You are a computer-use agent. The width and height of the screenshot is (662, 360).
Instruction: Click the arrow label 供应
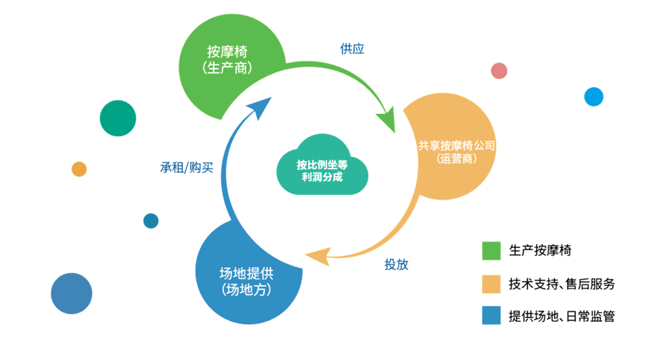[x=352, y=49]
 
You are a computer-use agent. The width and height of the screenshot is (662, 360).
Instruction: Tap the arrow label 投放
[x=396, y=264]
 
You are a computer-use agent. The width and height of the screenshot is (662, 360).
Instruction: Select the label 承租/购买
[x=186, y=167]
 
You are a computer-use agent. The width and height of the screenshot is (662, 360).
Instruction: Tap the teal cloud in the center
[x=322, y=165]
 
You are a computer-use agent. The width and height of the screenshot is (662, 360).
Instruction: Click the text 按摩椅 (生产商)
[x=227, y=60]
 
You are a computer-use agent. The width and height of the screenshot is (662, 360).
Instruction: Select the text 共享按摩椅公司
[x=457, y=146]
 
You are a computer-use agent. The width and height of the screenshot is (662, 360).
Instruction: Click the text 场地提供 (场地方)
[x=246, y=281]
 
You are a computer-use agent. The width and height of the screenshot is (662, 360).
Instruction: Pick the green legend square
[x=491, y=251]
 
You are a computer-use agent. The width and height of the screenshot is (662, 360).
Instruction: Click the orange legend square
[x=491, y=284]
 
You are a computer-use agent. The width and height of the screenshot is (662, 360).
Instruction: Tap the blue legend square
[x=491, y=315]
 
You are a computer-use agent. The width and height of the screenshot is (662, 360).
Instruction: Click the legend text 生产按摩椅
[x=540, y=250]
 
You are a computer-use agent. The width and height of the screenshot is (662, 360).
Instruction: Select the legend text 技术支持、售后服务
[x=562, y=284]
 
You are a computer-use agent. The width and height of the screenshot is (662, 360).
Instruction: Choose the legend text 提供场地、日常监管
[x=562, y=316]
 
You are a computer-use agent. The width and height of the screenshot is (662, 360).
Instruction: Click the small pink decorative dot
[x=499, y=71]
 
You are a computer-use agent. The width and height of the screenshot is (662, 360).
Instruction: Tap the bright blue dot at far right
[x=594, y=97]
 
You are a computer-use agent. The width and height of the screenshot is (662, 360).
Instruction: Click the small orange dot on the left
[x=79, y=169]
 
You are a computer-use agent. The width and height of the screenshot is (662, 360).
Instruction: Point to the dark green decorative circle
[x=118, y=118]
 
